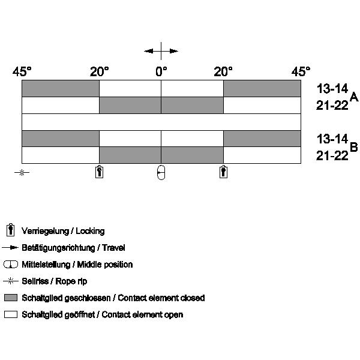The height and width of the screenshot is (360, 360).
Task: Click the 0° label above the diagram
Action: pos(161,71)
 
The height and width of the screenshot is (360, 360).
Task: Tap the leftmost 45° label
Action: pos(22,71)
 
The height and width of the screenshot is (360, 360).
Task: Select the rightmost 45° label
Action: pos(301,71)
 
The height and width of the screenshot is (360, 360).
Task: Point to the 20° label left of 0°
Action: pos(99,71)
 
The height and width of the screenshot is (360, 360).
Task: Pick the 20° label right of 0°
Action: pos(223,71)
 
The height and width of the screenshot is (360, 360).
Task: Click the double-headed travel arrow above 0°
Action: pos(161,51)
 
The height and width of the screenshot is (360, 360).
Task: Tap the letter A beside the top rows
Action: pos(354,97)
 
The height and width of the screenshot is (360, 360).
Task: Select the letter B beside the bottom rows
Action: pos(354,147)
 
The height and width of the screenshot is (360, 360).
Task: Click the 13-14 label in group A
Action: pos(332,89)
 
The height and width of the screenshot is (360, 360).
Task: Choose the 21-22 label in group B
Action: pos(332,155)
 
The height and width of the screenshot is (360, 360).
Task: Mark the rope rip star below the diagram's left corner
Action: pos(22,172)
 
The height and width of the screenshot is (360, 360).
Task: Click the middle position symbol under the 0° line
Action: pos(161,172)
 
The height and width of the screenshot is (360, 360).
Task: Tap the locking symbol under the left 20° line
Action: pos(99,172)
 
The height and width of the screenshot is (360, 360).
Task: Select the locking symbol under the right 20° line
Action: pos(223,172)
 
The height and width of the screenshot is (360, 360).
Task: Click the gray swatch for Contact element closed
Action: pos(11,298)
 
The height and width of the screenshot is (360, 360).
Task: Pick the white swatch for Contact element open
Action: pos(11,314)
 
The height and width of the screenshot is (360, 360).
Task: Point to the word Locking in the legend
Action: pos(90,231)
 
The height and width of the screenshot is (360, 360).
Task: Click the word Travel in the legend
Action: pos(113,248)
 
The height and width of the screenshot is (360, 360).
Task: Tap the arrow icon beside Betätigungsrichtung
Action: pos(10,247)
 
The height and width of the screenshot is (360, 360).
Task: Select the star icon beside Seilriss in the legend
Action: pos(11,281)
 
